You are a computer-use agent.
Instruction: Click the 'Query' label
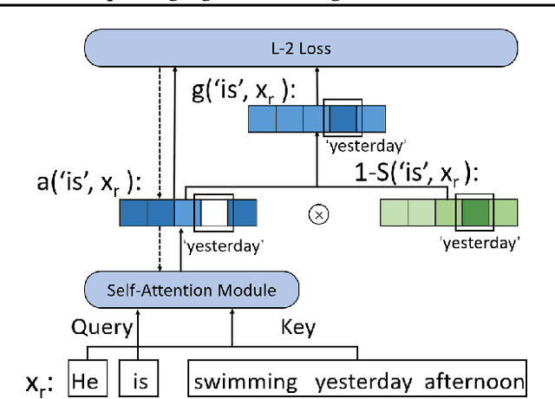[x=101, y=327]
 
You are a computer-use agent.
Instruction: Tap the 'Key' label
[x=297, y=327]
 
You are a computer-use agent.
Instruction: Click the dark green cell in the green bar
[x=475, y=213]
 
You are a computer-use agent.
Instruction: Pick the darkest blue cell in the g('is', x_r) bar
[x=341, y=118]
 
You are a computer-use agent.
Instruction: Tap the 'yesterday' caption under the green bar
[x=480, y=243]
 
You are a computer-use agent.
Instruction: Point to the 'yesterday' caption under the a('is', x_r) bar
[x=223, y=245]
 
